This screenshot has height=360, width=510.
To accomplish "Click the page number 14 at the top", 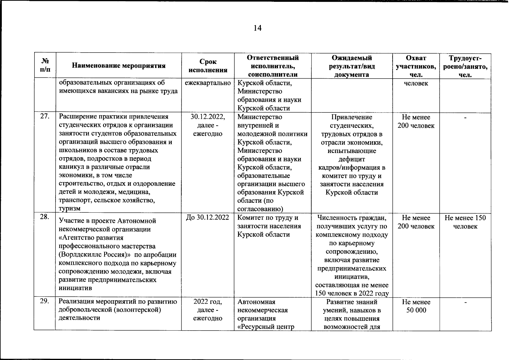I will [x=258, y=28].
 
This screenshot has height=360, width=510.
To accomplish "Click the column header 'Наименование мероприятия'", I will [x=119, y=66].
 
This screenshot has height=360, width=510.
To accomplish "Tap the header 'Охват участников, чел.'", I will [x=416, y=66].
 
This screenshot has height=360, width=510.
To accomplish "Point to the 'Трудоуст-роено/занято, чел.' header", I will [x=465, y=66].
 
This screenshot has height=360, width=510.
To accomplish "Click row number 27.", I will [x=45, y=117].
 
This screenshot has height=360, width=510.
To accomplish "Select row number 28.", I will [x=45, y=217].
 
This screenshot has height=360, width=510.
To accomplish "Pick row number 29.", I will [x=45, y=301].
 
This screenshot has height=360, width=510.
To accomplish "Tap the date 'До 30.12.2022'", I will [x=208, y=218].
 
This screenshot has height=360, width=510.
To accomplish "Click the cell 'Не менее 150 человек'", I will [x=465, y=222].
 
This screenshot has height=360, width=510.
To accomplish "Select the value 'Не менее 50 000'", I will [x=416, y=306].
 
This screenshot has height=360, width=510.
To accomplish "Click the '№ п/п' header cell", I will [x=45, y=66].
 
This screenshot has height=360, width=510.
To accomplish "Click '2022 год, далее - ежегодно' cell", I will [x=208, y=310].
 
